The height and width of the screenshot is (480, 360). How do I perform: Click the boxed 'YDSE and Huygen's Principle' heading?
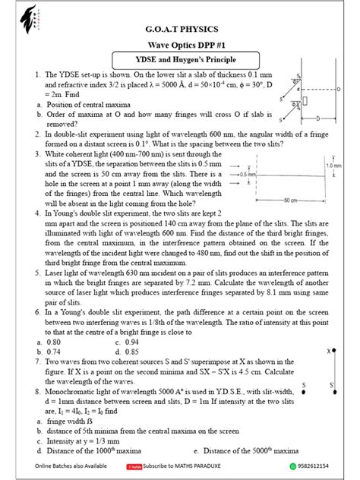[181, 62]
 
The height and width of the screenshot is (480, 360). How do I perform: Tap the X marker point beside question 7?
[330, 352]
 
